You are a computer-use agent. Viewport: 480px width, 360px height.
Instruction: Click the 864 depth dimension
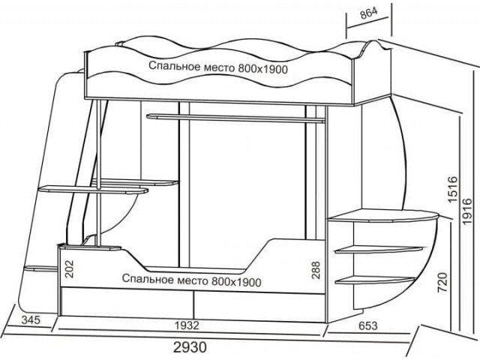point(369,13)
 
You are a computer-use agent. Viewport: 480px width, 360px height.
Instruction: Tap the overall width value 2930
point(190,347)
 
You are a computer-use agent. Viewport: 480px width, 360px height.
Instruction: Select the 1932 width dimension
point(187,325)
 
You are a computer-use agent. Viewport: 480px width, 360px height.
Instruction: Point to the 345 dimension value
point(31,320)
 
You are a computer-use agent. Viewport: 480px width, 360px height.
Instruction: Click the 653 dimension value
point(367,325)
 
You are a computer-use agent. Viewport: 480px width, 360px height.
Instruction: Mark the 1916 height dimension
point(467,211)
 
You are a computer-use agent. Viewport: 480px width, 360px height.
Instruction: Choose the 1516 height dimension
point(452,189)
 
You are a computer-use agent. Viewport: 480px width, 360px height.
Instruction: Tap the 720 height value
point(442,282)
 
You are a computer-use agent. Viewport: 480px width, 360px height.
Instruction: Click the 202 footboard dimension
point(70,268)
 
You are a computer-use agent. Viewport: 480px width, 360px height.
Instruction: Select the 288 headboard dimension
point(316,270)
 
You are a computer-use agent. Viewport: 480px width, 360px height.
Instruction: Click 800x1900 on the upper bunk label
point(263,69)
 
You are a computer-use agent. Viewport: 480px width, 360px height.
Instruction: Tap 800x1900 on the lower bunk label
point(236,282)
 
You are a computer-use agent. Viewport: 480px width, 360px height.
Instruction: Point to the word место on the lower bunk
point(193,280)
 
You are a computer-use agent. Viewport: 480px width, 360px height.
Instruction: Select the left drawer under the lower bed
point(127,302)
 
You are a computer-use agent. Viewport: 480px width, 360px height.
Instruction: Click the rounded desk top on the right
point(384,215)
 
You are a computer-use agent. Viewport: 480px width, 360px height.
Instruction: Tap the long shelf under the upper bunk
point(235,118)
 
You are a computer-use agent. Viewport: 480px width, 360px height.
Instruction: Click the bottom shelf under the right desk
point(375,280)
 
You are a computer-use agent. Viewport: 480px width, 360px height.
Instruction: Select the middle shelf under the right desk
point(379,249)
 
